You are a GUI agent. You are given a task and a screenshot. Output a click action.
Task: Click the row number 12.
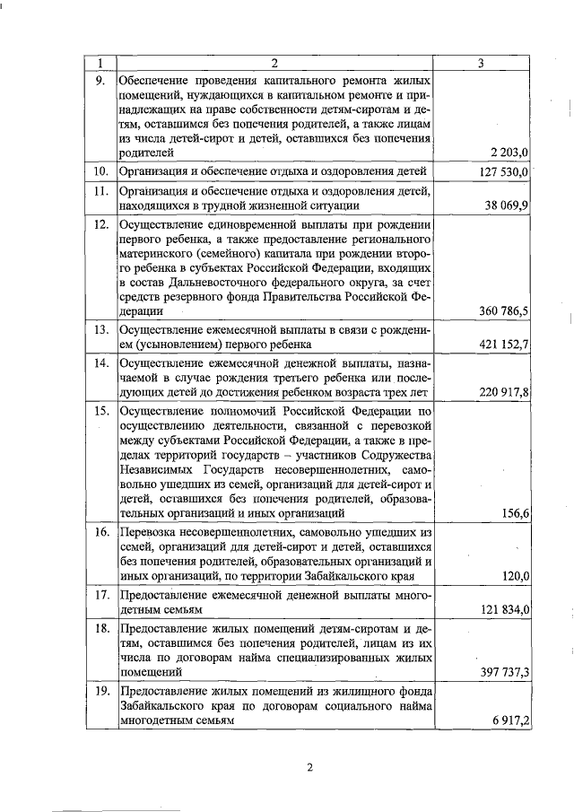coord(101,224)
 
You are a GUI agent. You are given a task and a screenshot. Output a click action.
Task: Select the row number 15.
coord(101,411)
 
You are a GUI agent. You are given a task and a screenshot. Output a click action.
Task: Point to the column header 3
coord(482,62)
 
